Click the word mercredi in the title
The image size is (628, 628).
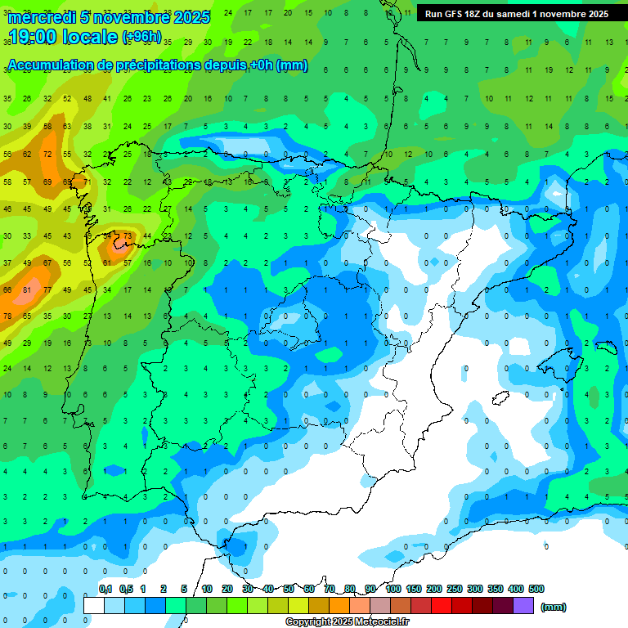click(x=42, y=17)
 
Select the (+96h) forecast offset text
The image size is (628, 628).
click(x=141, y=37)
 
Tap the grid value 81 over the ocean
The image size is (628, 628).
click(x=27, y=289)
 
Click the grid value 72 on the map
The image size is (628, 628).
click(x=47, y=154)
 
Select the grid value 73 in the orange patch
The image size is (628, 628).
click(x=127, y=236)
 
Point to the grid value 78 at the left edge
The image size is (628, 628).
click(x=7, y=316)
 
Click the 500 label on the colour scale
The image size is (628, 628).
click(x=536, y=589)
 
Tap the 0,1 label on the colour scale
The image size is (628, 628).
click(x=105, y=589)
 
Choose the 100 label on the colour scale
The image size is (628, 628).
click(x=393, y=589)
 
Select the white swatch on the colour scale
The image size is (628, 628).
click(x=94, y=605)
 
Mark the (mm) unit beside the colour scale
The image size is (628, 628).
click(x=553, y=607)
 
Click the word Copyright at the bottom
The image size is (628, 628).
click(x=308, y=622)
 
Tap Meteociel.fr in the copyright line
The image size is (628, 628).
click(x=382, y=622)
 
